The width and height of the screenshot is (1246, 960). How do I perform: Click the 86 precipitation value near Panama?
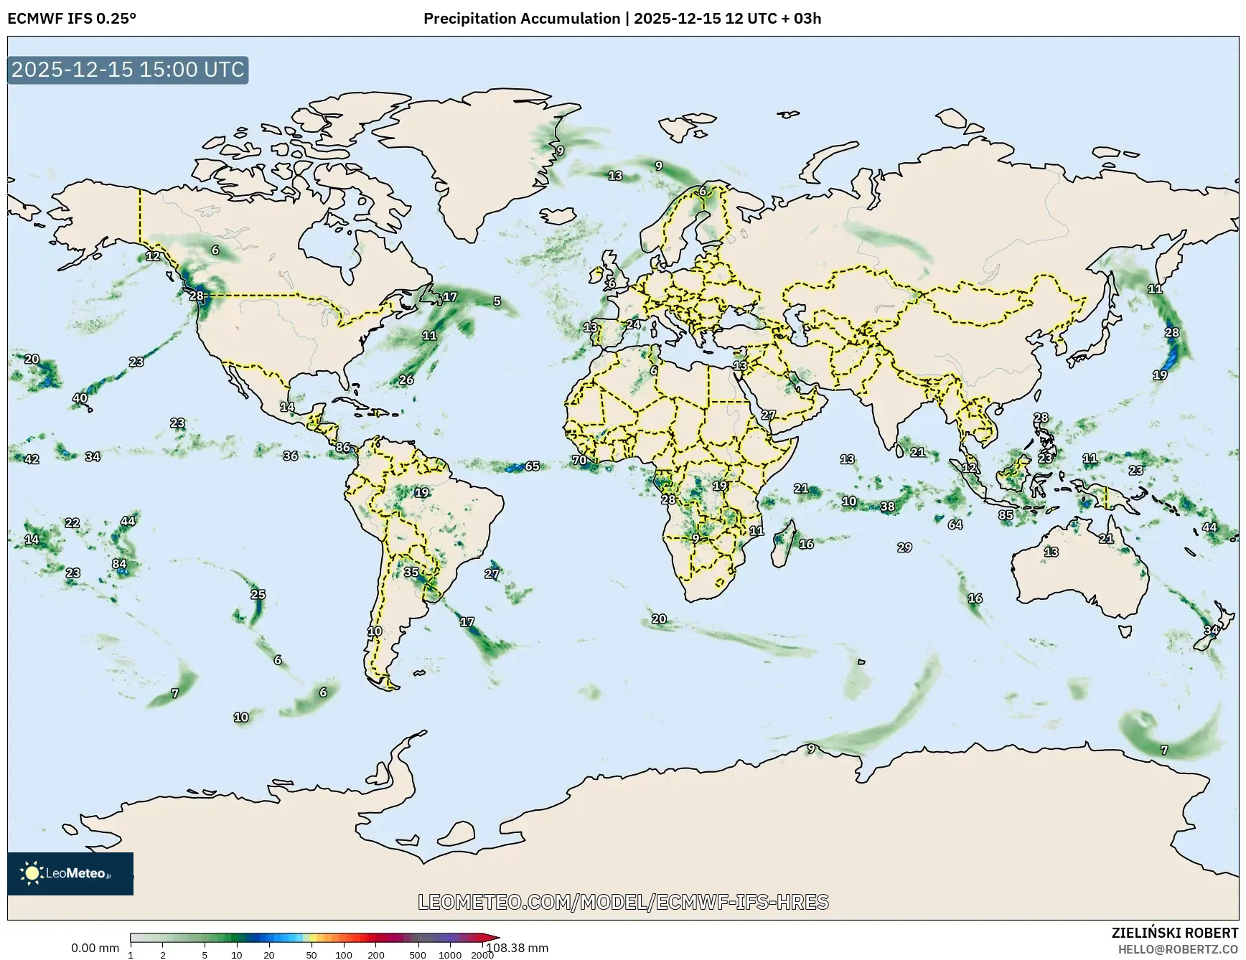tap(343, 448)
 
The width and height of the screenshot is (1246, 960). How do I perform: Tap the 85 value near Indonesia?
tap(1006, 515)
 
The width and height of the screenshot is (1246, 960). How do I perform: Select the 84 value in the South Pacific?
tap(119, 564)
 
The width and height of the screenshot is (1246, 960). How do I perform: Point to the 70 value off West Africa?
tap(579, 460)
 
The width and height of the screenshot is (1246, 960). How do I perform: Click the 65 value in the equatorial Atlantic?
tap(532, 466)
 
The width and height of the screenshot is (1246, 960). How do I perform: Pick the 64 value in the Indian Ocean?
tap(955, 524)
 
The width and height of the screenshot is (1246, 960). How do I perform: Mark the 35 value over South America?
tap(411, 572)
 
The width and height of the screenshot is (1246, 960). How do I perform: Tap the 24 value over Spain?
tap(633, 324)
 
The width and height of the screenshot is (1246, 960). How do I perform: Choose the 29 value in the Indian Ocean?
tap(904, 547)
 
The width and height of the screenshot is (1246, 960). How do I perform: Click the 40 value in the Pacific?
tap(80, 398)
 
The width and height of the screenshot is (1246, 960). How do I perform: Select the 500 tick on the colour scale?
tap(417, 955)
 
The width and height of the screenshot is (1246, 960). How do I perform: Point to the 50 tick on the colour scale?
tap(311, 955)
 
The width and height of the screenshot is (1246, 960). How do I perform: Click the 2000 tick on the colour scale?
tap(482, 955)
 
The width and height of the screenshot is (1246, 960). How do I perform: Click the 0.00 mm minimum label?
tap(95, 948)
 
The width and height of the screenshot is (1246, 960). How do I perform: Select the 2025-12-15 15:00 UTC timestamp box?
tap(128, 70)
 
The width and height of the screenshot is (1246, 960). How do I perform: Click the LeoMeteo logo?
tap(70, 873)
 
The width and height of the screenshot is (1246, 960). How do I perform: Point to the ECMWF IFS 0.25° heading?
tap(71, 19)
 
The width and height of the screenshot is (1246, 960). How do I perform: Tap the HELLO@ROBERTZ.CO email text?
tap(1178, 949)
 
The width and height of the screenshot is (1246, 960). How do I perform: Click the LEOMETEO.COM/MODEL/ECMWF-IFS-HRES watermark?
tap(623, 902)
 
